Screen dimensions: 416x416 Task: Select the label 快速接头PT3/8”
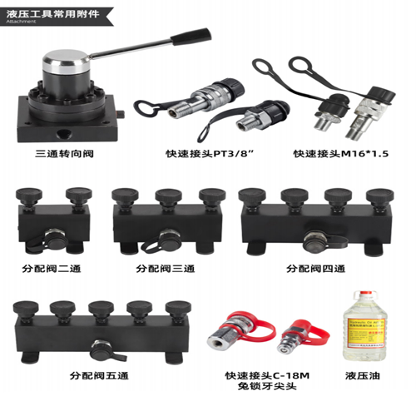[198, 154]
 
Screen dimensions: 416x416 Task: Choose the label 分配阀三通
[166, 269]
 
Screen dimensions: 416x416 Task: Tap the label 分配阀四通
[315, 269]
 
